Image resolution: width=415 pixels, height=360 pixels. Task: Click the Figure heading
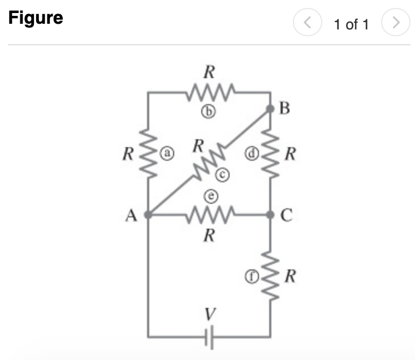pos(35,18)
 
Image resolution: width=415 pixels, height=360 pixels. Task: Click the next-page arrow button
pos(396,24)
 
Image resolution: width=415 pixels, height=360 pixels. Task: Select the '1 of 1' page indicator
pos(351,24)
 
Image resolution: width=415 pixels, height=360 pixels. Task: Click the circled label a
pos(168,152)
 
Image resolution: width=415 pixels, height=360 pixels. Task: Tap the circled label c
pos(223,177)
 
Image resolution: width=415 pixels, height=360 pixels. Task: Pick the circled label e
pos(208,195)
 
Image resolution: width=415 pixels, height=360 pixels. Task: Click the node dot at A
pos(148,215)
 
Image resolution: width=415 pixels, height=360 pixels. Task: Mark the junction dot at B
pos(271,109)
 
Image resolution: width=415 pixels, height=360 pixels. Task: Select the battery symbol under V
pos(208,337)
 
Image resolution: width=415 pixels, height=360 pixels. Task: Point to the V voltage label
pos(208,312)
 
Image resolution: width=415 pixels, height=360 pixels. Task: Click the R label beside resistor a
pos(129,153)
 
